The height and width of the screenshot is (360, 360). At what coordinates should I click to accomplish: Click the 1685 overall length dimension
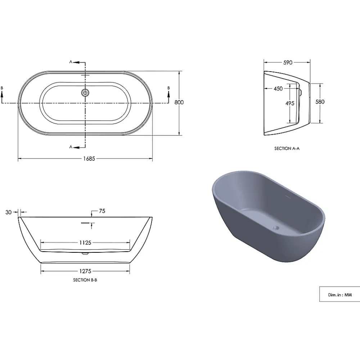tap(89, 159)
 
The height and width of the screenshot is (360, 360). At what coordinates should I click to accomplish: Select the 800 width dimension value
tap(179, 102)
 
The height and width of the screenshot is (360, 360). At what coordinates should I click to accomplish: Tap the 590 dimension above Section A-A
tap(288, 62)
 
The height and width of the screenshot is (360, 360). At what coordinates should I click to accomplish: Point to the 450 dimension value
tap(278, 89)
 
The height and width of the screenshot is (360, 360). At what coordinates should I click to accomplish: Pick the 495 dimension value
tap(290, 103)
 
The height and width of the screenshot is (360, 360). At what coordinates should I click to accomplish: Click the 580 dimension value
tap(320, 102)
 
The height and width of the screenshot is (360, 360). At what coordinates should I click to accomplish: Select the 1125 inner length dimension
tap(85, 242)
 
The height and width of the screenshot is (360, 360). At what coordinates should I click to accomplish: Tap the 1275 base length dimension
tap(85, 271)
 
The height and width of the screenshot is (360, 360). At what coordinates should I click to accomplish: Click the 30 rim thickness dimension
tap(9, 212)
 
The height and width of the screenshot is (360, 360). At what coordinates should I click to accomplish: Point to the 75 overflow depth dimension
tap(102, 211)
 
